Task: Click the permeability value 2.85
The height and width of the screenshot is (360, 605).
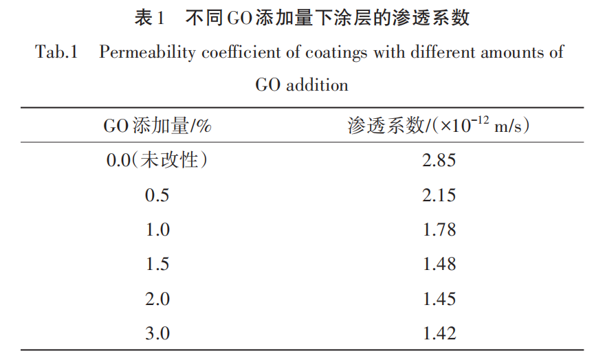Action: coord(439,161)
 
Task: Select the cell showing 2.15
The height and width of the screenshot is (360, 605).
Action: coord(439,195)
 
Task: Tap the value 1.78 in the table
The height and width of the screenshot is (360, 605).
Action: coord(439,229)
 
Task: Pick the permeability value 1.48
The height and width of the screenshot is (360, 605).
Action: coord(439,265)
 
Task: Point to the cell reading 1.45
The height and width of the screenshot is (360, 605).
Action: coord(439,299)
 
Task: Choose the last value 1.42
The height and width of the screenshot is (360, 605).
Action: coord(439,334)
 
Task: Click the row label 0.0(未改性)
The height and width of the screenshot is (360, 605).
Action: coord(157,161)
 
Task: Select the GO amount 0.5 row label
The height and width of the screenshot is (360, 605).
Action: coord(157,195)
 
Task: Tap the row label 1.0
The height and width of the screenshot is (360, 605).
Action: coord(157,229)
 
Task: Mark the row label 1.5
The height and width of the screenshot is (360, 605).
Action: coord(157,265)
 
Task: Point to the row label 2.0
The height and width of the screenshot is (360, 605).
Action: coord(157,299)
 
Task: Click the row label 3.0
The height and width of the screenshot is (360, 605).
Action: coord(157,334)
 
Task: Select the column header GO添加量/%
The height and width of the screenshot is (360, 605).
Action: coord(157,126)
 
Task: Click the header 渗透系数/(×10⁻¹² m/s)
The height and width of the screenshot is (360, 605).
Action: coord(439,125)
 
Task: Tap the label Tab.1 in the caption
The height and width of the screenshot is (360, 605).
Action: coord(56,53)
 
